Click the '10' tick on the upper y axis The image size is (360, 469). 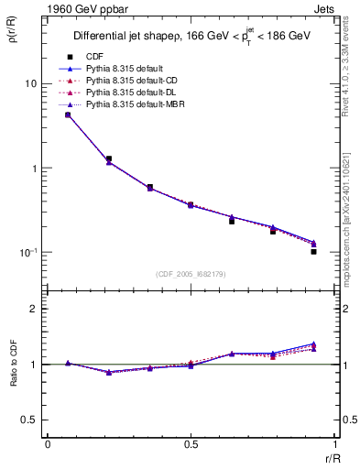30,83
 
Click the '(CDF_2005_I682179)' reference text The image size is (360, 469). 191,274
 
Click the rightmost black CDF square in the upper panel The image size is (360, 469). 313,251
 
